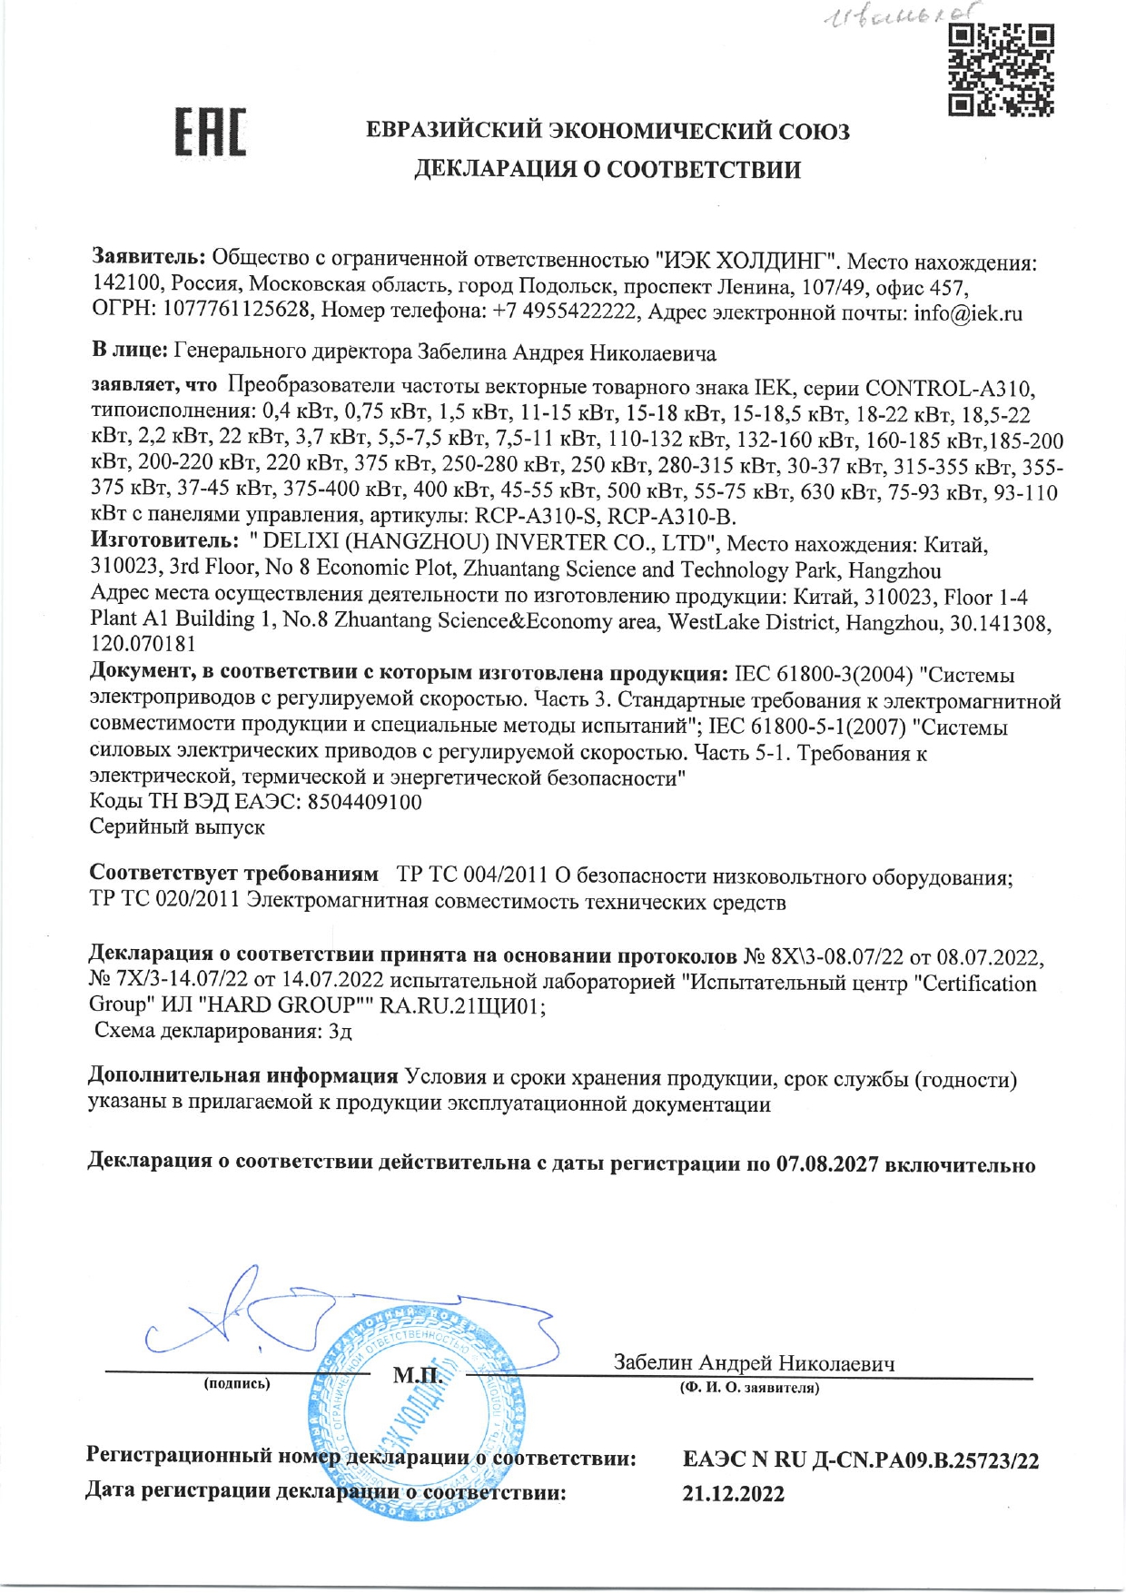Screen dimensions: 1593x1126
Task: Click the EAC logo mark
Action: (x=210, y=133)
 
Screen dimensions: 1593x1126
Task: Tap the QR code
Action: (x=1001, y=70)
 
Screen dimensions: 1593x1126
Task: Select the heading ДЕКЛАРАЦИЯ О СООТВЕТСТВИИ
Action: (x=607, y=170)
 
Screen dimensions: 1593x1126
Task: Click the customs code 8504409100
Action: (x=365, y=802)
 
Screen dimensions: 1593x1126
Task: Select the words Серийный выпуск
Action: (x=177, y=827)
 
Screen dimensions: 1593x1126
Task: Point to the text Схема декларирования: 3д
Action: (x=223, y=1031)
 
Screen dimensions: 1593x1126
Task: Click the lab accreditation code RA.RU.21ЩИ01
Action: (x=462, y=1006)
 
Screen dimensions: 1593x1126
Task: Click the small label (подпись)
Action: (x=237, y=1383)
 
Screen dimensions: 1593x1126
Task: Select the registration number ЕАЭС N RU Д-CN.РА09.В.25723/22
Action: (x=860, y=1460)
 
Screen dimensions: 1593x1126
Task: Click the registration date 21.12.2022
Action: (x=733, y=1494)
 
